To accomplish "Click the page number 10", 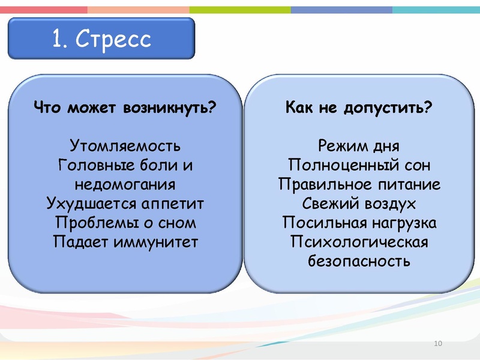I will tap(437, 343).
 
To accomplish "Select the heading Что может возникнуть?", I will tap(125, 109).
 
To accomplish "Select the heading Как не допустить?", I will tap(359, 109).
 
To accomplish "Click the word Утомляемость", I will tap(125, 146).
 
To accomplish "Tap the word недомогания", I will tap(125, 184).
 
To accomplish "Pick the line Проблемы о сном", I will tap(125, 223).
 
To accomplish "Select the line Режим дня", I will tap(359, 146).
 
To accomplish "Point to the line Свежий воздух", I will tap(359, 203).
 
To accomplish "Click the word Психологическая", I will tap(359, 242).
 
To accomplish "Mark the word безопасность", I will tap(359, 261).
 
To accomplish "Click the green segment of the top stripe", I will tap(240, 10).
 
